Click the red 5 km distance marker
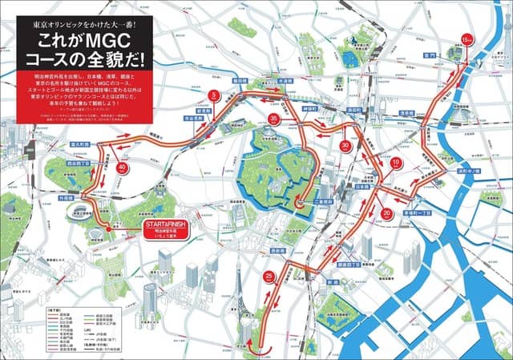[213, 95]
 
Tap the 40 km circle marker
[122, 167]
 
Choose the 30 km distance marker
[345, 145]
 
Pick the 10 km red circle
[395, 163]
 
